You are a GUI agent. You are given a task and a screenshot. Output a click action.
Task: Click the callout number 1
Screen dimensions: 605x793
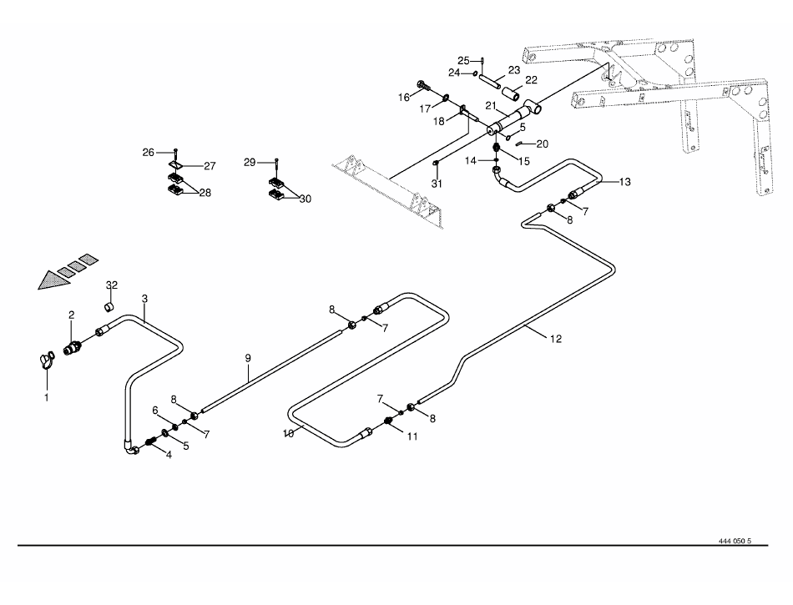click(47, 397)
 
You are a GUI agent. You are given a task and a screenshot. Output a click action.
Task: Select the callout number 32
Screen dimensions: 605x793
click(111, 285)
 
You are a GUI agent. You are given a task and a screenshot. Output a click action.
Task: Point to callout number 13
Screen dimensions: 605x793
click(625, 182)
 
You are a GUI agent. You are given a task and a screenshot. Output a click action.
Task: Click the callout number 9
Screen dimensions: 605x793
click(248, 358)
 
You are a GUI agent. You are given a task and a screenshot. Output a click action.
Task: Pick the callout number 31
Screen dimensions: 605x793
click(436, 184)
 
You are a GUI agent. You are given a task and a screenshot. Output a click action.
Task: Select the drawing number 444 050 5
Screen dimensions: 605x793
click(735, 542)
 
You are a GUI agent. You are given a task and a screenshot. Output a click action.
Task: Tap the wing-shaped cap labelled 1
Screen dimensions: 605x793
click(47, 360)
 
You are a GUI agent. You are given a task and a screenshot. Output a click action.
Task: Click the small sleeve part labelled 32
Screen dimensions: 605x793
click(108, 307)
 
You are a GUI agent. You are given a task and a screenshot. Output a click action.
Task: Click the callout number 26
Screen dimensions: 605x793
click(148, 152)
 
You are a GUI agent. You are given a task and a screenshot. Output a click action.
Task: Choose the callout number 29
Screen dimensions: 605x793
click(250, 162)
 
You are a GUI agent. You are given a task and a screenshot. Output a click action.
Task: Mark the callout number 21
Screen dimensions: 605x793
click(492, 106)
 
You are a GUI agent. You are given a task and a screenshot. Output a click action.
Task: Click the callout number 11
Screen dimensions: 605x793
click(411, 435)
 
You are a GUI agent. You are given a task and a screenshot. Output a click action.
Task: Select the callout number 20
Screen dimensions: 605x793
click(542, 144)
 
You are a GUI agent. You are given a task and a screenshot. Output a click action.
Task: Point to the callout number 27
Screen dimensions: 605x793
click(210, 166)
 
